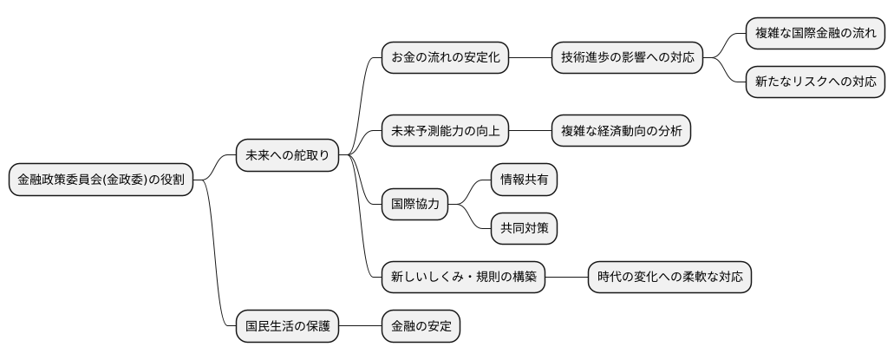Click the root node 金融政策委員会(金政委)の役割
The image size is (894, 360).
(x=101, y=180)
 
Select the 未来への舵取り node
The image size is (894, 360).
(x=287, y=155)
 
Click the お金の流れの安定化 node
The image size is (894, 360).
(x=445, y=58)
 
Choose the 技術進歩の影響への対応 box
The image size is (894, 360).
(x=628, y=58)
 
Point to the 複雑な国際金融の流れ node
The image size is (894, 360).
(x=815, y=34)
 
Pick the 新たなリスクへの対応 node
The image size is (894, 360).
(x=815, y=82)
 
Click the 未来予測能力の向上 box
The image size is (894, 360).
(x=445, y=131)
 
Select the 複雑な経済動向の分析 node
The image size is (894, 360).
(x=622, y=131)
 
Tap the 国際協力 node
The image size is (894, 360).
(x=415, y=205)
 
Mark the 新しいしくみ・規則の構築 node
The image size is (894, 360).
(x=463, y=278)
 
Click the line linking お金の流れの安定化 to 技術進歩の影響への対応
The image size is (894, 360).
(x=531, y=58)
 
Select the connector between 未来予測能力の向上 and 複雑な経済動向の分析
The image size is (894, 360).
(x=531, y=131)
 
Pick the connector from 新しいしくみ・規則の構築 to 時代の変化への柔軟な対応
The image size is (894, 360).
(x=567, y=278)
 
